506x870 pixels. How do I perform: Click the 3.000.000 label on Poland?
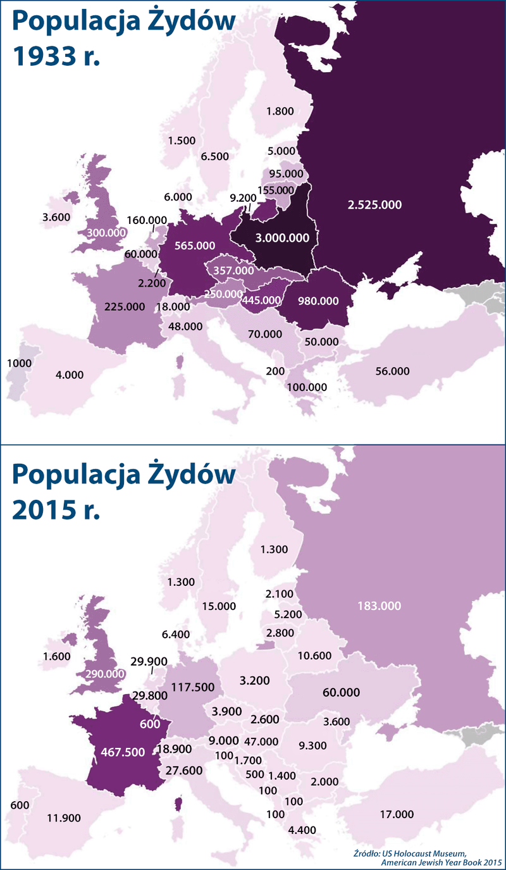(x=282, y=238)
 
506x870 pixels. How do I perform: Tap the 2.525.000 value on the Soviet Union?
(x=374, y=204)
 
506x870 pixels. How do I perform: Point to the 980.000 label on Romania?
(x=319, y=301)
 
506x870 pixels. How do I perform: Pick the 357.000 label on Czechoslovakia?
(x=233, y=270)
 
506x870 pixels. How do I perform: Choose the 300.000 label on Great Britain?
(x=106, y=232)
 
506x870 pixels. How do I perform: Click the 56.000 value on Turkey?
(x=392, y=371)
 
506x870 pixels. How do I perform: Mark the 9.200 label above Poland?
(x=243, y=198)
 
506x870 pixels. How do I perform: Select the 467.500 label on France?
(x=123, y=752)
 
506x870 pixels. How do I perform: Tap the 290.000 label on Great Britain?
(x=104, y=674)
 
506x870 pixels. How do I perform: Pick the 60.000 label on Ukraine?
(x=342, y=692)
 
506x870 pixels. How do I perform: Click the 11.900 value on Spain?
(x=64, y=817)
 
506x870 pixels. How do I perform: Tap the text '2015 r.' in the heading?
(x=58, y=509)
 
